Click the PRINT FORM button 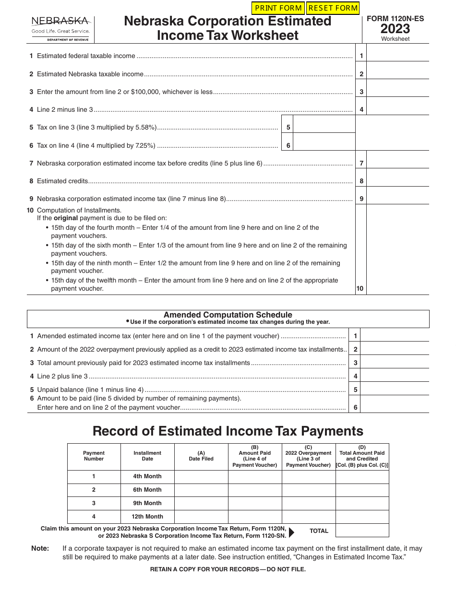278,8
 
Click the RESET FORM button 333,8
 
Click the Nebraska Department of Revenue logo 60,29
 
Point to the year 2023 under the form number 395,29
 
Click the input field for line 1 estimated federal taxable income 397,56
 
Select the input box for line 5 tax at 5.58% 324,128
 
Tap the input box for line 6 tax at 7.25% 324,145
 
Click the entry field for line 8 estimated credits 397,181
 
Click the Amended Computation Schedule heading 228,315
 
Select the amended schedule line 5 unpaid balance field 395,389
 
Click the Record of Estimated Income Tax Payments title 228,431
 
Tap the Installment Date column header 147,456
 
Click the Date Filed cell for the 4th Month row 201,476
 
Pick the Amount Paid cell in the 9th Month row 255,503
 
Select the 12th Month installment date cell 147,517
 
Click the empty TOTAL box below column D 362,530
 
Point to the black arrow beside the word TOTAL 291,531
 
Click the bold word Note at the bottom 40,548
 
